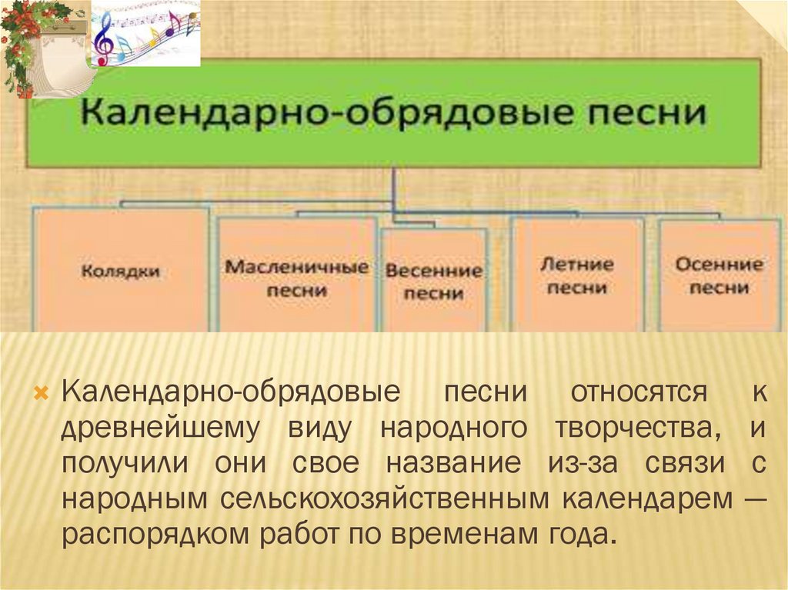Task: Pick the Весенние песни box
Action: pos(434,281)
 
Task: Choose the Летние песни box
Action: pos(577,275)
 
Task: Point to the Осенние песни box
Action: pos(719,275)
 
